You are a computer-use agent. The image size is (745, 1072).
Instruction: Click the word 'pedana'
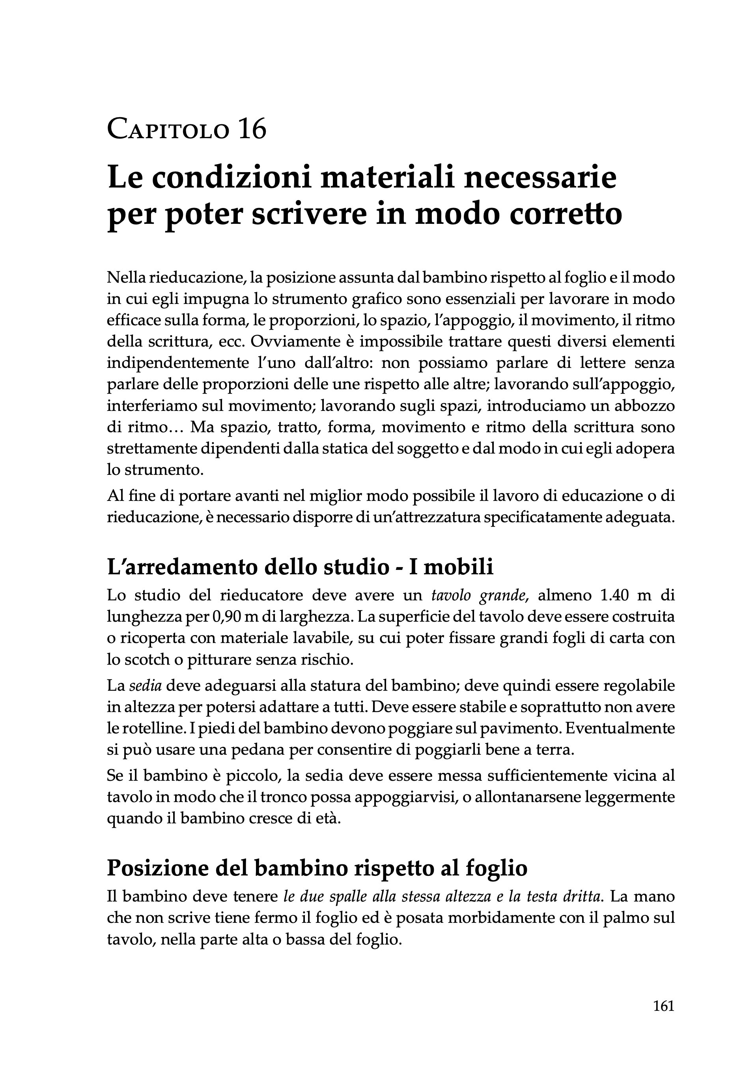coord(258,750)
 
